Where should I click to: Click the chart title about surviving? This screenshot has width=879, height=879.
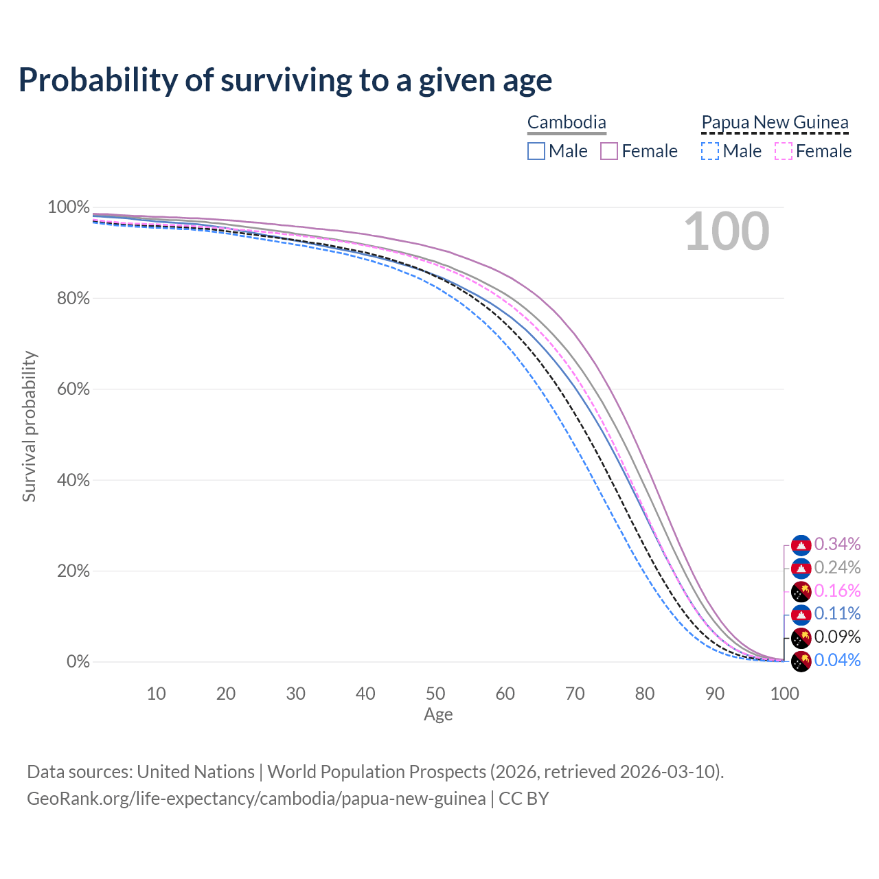285,80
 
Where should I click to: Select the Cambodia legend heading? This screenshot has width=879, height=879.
567,123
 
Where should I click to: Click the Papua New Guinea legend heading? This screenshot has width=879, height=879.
775,123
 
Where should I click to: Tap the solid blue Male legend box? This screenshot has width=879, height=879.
536,151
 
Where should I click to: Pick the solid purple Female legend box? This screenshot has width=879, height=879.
609,151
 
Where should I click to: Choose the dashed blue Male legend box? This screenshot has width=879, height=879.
710,151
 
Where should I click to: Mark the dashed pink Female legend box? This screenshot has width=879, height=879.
784,151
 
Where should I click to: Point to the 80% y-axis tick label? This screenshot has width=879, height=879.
69,299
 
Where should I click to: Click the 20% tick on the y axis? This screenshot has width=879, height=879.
69,571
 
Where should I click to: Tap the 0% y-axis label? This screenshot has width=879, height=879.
78,662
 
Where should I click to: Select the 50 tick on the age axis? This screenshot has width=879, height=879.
435,694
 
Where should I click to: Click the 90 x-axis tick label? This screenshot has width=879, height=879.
714,694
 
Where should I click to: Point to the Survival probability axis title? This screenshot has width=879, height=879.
29,426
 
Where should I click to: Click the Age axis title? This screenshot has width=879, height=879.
438,715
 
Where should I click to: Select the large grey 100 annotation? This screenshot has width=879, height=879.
727,232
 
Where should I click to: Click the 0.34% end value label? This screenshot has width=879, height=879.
837,545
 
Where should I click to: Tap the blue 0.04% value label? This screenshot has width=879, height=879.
837,661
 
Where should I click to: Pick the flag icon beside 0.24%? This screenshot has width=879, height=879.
801,568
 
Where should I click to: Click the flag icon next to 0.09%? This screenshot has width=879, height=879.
801,638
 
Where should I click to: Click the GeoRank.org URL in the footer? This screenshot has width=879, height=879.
256,799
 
